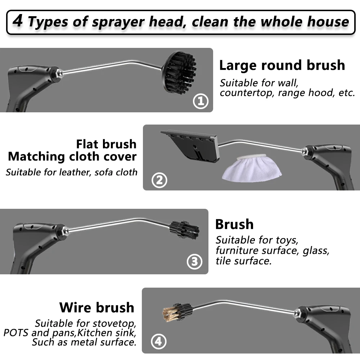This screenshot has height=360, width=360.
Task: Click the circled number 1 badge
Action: pos(201,101)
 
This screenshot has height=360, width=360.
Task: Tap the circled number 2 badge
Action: pos(159,180)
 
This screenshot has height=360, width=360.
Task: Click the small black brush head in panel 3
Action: pos(184,230)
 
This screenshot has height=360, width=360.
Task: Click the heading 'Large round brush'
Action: pos(282,65)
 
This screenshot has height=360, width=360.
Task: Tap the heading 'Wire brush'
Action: pos(96,307)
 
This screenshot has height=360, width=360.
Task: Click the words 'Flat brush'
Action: pos(106,144)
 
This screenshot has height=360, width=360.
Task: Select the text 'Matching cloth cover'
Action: pos(72,157)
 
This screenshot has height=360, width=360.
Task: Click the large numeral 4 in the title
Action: pos(18,21)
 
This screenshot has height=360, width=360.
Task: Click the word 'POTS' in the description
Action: pos(16,332)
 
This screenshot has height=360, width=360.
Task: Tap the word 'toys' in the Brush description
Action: pos(284,239)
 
